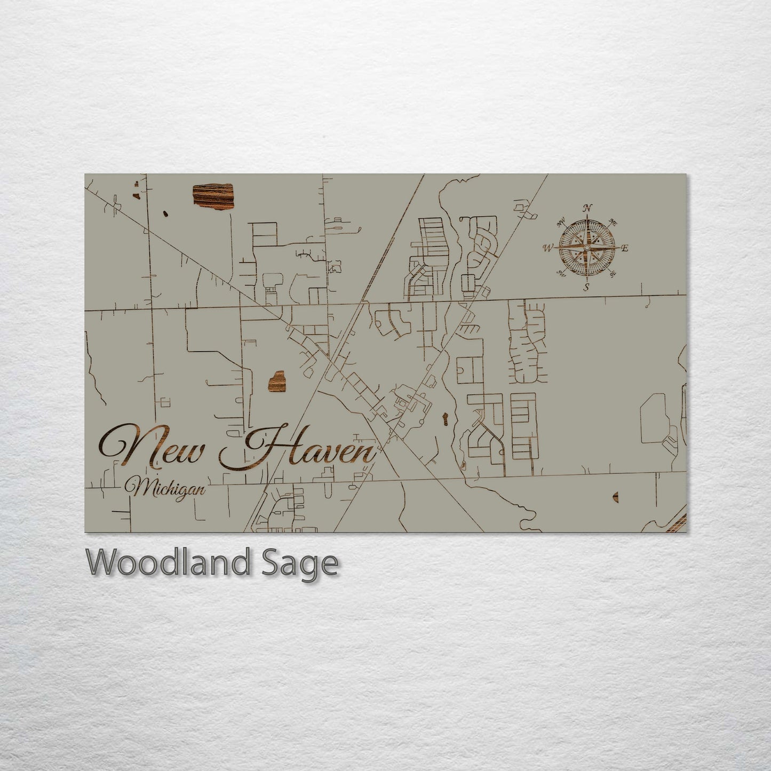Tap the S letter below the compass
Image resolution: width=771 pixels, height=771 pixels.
(x=586, y=288)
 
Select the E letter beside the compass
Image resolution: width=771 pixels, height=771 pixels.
(x=626, y=248)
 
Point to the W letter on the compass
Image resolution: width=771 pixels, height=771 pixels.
(x=547, y=248)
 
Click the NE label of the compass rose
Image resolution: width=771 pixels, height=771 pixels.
(x=613, y=223)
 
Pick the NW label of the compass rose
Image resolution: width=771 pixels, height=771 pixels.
(x=561, y=222)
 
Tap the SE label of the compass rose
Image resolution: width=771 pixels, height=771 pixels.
(x=613, y=273)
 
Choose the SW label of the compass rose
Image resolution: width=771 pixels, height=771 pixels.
(x=561, y=274)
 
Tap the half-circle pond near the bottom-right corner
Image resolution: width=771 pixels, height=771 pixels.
(x=616, y=497)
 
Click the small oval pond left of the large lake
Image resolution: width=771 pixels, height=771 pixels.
(x=166, y=214)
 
